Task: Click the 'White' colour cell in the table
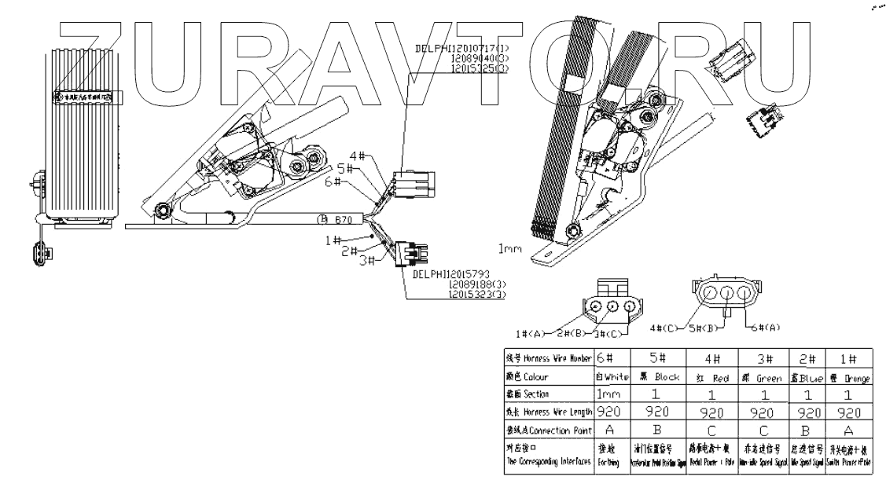[x=612, y=377]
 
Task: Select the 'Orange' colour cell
[x=850, y=377]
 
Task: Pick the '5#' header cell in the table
[x=653, y=358]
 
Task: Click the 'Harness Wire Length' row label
[x=547, y=410]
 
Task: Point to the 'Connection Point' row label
[x=547, y=429]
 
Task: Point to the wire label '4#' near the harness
[x=355, y=156]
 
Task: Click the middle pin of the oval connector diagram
[x=727, y=295]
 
